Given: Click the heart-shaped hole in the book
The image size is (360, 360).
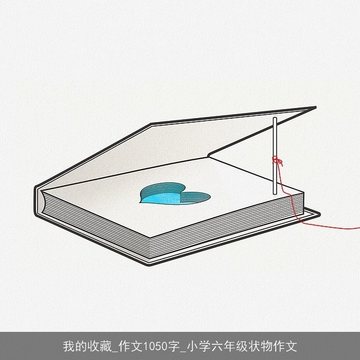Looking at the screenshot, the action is click(x=174, y=194).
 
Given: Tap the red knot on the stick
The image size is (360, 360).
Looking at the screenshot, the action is click(x=277, y=161).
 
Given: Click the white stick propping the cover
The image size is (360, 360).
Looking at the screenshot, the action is click(x=275, y=156).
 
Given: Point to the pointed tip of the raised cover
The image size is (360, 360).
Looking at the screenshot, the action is click(x=316, y=107).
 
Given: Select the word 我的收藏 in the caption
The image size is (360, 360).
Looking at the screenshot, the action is click(x=88, y=346).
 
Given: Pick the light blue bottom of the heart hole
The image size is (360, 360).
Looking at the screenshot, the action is click(x=161, y=198).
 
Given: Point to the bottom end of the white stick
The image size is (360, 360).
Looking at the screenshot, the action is click(x=275, y=194).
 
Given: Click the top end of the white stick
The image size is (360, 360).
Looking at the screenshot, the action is click(x=275, y=118).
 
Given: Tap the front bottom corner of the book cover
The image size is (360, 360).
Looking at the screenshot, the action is click(x=149, y=265).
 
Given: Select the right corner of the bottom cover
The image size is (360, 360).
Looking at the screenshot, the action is click(x=319, y=214).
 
